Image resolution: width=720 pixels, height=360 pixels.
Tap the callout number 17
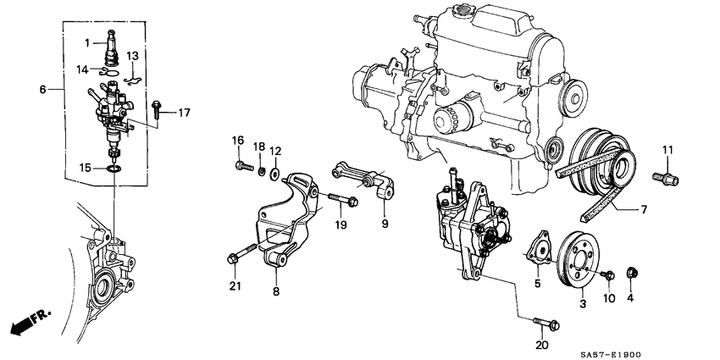[184, 112]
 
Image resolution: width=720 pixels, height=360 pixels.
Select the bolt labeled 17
[158, 108]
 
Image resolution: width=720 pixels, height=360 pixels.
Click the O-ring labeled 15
[114, 169]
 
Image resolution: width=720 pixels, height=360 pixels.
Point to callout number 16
[238, 140]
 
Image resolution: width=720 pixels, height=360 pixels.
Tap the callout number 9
[385, 224]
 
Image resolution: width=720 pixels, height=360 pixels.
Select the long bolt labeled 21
[241, 252]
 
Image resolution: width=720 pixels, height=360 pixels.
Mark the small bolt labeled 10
[607, 275]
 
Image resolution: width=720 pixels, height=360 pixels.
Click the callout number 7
[645, 208]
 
